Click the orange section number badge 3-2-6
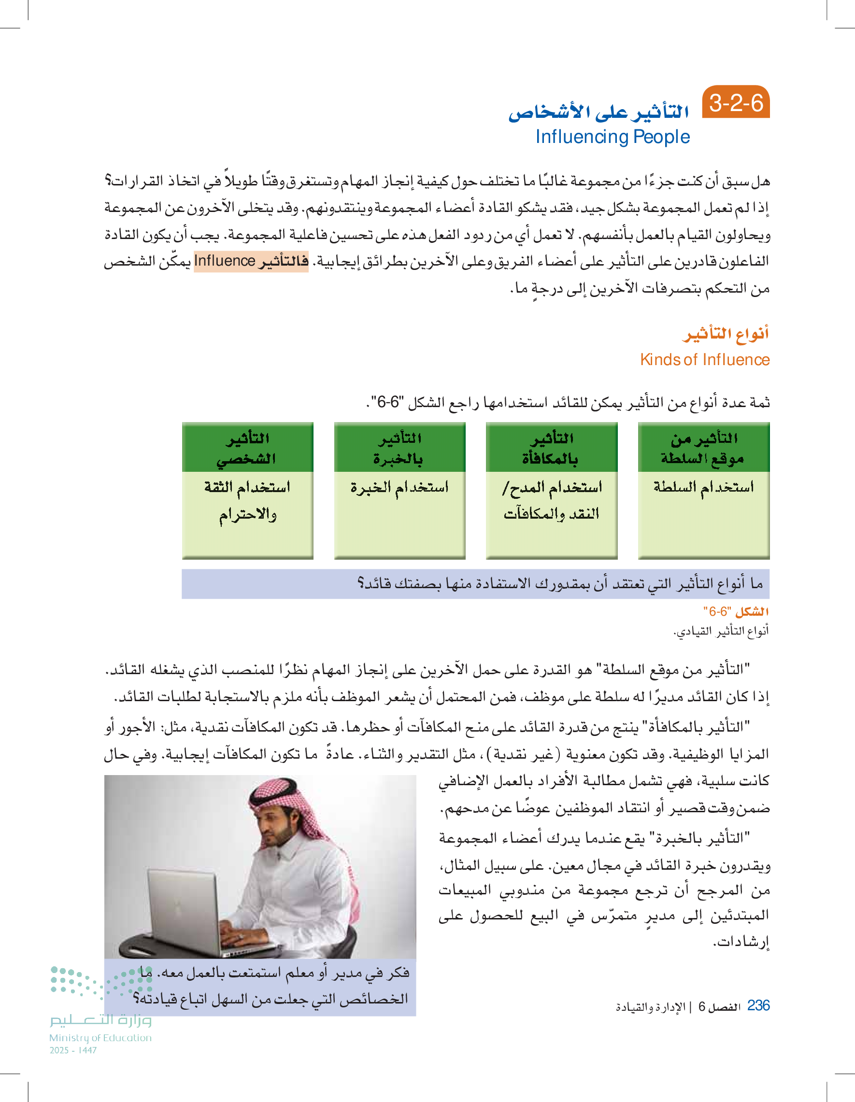[735, 103]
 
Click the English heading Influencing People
[612, 137]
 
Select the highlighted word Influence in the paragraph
[225, 261]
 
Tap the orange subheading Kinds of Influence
[705, 360]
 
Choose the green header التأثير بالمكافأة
[551, 448]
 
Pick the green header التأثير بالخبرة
[399, 448]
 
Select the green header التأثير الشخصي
[247, 448]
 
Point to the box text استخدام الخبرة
[399, 487]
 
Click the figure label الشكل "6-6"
[736, 611]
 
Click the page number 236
[758, 1005]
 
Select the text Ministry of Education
[100, 1038]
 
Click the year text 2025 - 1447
[73, 1050]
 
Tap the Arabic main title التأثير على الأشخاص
[598, 112]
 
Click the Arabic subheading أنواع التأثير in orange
[726, 334]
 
